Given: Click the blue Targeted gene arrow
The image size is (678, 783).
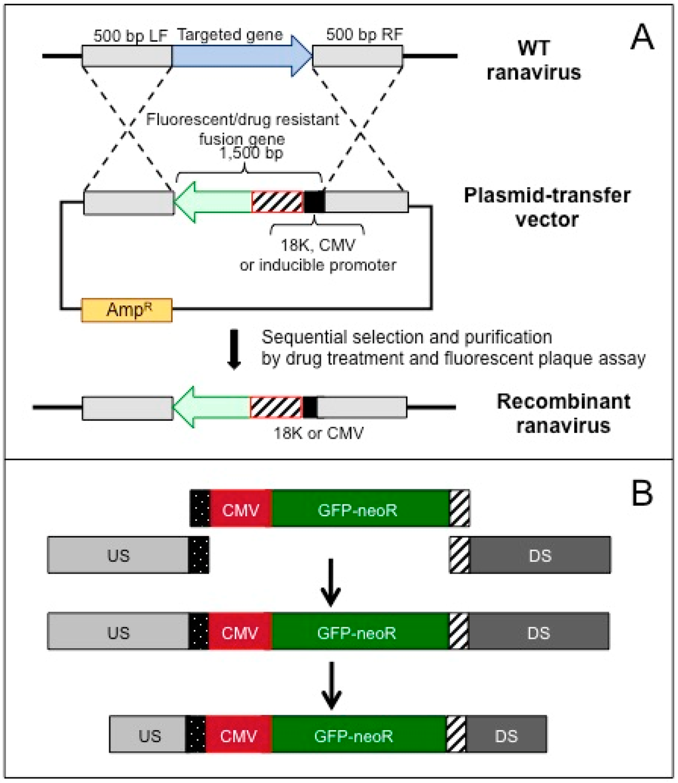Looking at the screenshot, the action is tap(242, 56).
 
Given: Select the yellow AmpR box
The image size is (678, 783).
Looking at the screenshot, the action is tap(127, 310).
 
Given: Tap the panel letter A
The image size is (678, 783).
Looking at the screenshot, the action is tap(642, 37).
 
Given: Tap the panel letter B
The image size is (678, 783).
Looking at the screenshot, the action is tap(642, 492).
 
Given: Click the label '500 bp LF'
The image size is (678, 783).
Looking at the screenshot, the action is tap(130, 36).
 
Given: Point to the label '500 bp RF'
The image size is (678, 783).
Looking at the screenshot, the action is tap(365, 34).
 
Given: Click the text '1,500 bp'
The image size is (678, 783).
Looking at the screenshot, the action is tap(252, 153).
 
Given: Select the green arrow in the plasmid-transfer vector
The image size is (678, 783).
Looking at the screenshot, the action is tap(213, 203).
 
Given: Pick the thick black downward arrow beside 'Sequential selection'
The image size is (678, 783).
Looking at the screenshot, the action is tap(234, 349).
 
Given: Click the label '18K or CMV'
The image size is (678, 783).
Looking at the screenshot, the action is tap(318, 433).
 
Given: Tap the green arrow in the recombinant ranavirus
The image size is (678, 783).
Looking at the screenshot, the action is tap(212, 408).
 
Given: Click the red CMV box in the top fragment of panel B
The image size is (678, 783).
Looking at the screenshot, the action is tap(241, 509).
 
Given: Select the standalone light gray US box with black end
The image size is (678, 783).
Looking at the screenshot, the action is tap(128, 555).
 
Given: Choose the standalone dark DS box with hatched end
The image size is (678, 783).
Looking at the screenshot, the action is tap(530, 555).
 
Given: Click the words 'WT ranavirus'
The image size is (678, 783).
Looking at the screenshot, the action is tap(534, 60).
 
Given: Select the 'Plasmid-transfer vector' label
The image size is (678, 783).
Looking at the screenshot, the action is tap(547, 207).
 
